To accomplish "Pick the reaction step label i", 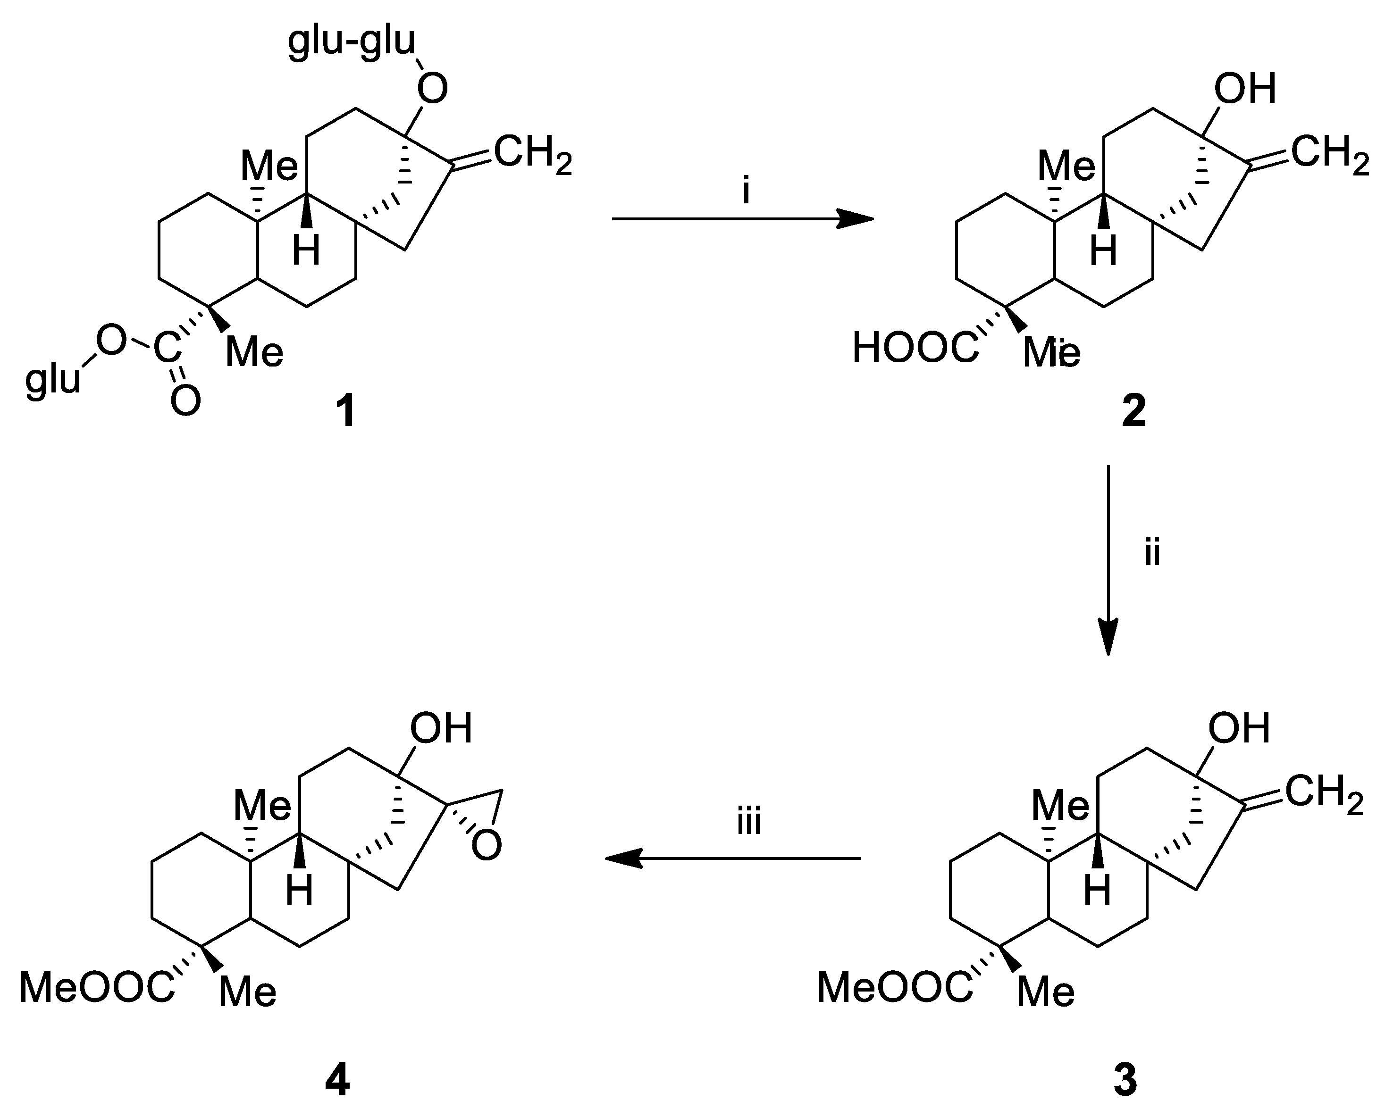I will tap(746, 191).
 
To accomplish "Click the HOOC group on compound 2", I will tap(915, 348).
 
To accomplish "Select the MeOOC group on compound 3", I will tap(895, 988).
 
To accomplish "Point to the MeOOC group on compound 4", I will tap(97, 988).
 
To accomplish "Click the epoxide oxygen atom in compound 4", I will tap(486, 845).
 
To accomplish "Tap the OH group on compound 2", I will tap(1245, 88).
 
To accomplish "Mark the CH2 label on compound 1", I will tap(533, 154).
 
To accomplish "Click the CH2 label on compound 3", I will tap(1325, 793).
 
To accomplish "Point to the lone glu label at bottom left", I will tap(53, 380).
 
